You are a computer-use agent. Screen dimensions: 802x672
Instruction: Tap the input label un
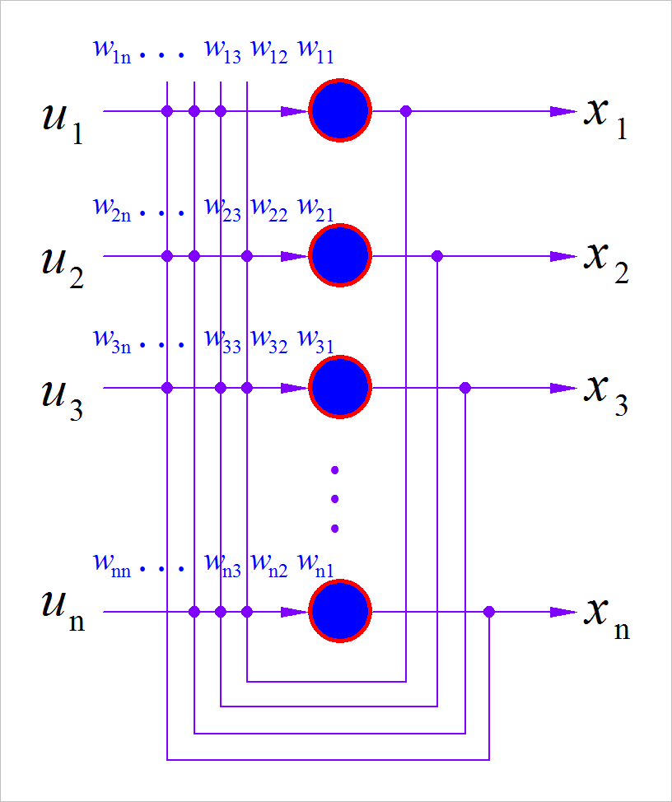point(63,610)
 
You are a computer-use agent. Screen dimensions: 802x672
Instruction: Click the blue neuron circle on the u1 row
point(340,110)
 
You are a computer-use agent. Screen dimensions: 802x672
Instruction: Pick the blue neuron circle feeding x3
point(340,387)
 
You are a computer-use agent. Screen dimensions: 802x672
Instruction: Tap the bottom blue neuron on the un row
point(340,611)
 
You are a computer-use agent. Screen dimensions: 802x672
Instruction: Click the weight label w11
point(315,52)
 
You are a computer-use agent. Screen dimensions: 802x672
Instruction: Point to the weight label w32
point(269,340)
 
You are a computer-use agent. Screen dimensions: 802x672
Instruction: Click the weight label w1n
point(111,52)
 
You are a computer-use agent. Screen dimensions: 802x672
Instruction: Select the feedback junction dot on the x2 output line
point(437,257)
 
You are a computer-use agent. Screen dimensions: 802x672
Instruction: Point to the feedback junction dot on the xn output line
point(489,612)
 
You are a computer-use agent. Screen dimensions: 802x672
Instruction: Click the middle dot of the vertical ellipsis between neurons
point(334,499)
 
